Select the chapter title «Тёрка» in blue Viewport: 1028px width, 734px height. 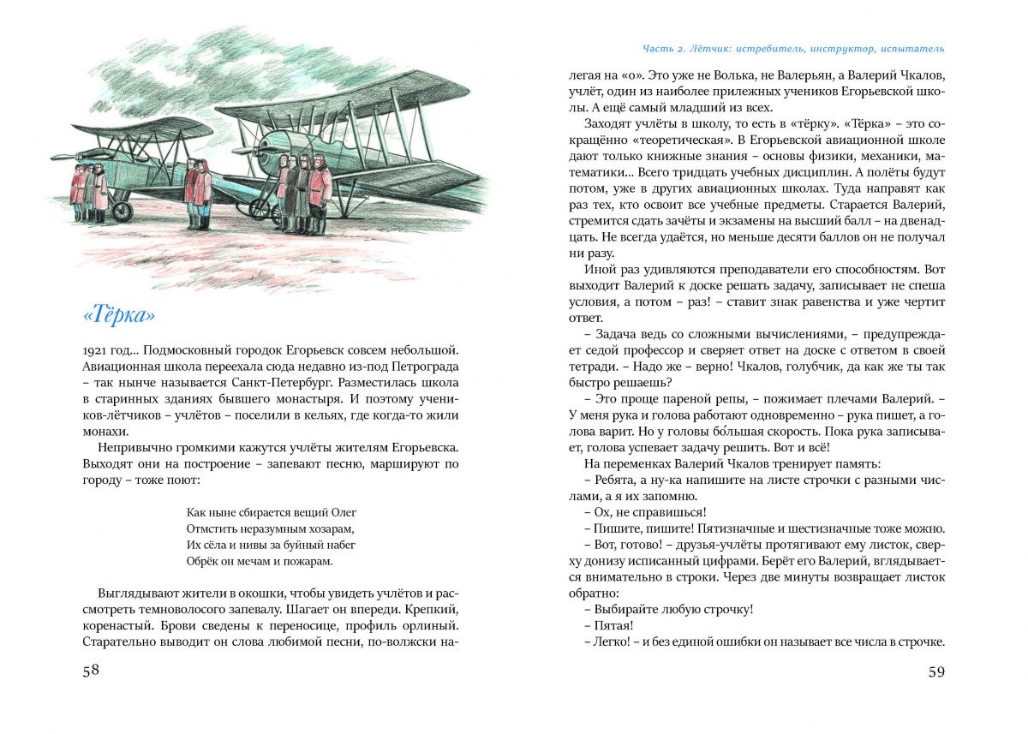(x=120, y=315)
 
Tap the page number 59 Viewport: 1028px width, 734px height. (x=936, y=671)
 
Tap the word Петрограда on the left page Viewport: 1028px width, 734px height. (x=424, y=367)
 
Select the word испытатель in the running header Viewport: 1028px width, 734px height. (x=911, y=48)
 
